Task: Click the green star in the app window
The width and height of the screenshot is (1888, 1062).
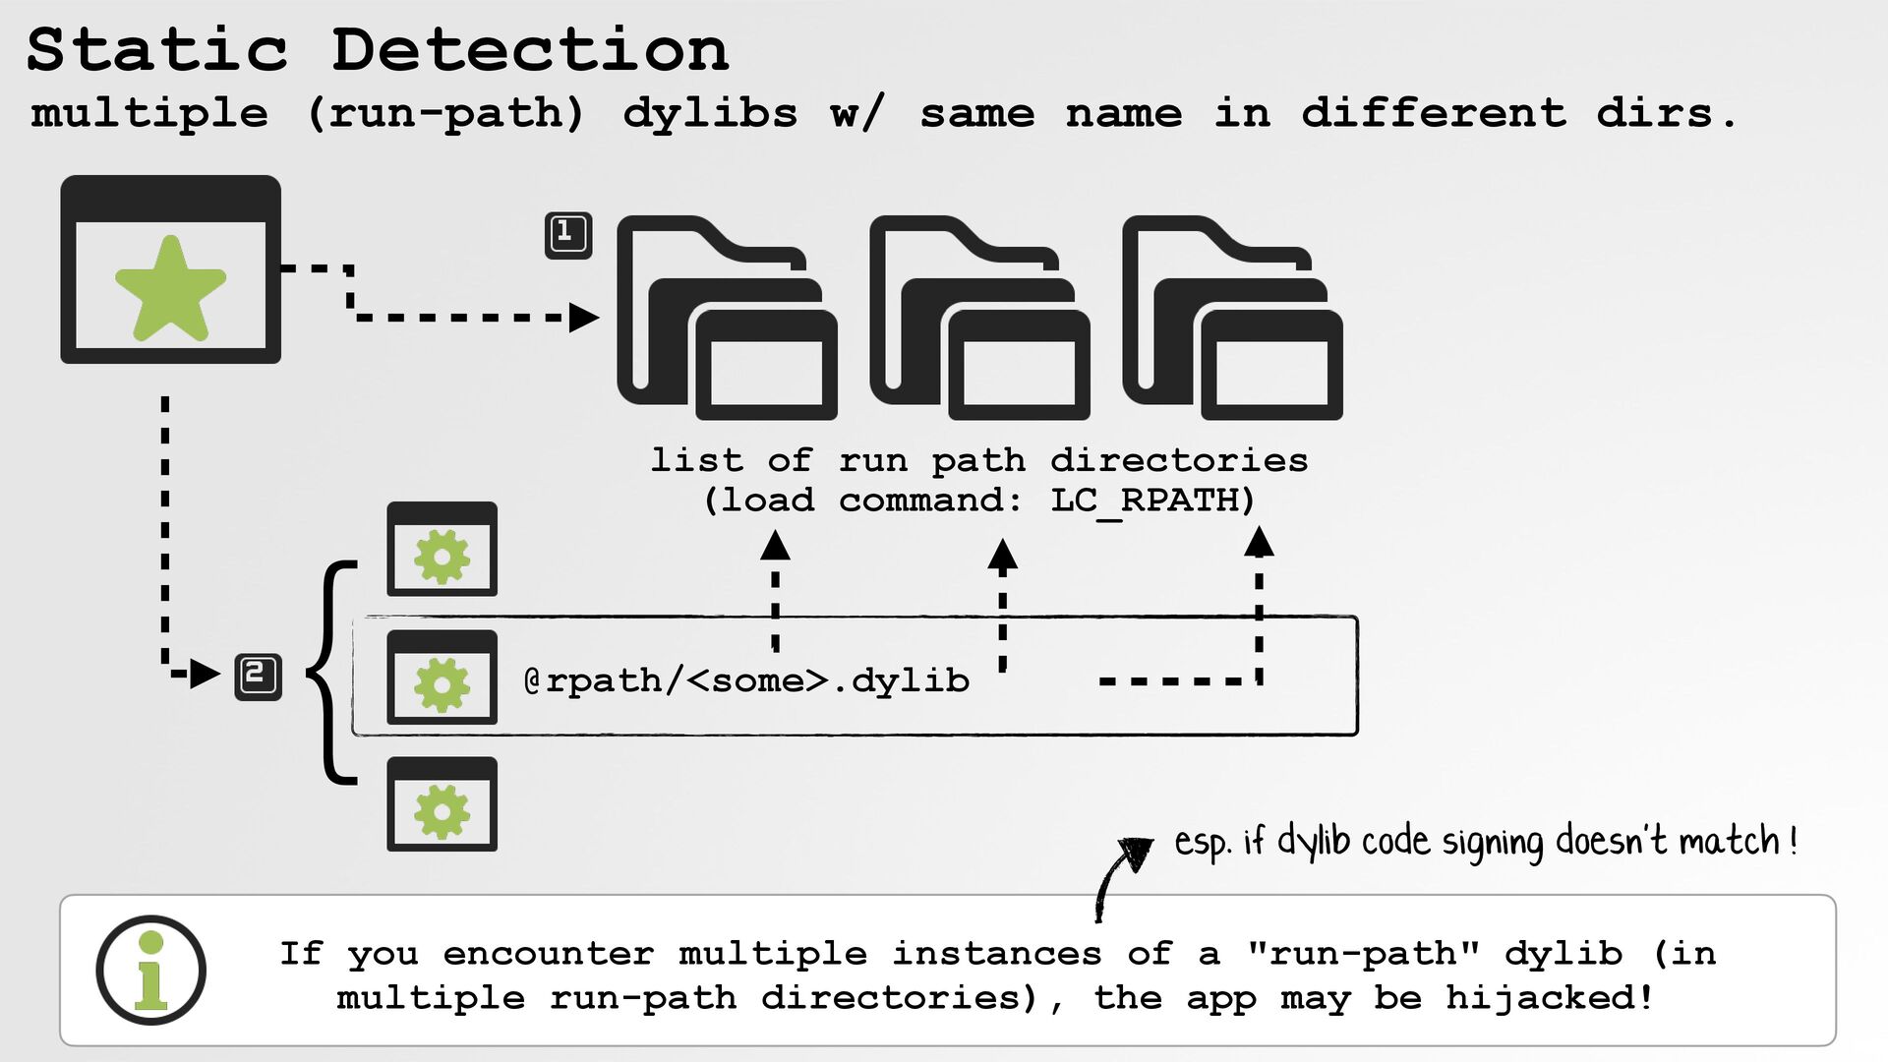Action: (x=170, y=290)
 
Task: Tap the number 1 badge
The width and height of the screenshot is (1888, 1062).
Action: (x=568, y=235)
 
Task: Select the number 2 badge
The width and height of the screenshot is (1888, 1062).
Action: (x=258, y=677)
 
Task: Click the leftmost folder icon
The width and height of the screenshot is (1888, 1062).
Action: (x=727, y=318)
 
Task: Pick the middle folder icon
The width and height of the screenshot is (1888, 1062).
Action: (x=979, y=318)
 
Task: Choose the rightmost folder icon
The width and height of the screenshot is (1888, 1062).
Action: (x=1232, y=318)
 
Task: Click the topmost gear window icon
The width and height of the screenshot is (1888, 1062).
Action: (x=442, y=550)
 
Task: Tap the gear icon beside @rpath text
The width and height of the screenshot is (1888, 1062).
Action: (x=442, y=678)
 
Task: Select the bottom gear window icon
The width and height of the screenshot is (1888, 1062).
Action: (x=442, y=804)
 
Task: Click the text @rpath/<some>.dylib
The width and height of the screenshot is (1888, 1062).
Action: (x=746, y=680)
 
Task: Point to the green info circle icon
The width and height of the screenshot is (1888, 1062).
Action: (x=150, y=971)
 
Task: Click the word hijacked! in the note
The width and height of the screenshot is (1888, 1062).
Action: (x=1550, y=998)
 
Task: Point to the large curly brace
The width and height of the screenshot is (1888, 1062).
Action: (x=331, y=674)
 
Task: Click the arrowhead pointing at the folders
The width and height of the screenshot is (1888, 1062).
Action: (x=584, y=318)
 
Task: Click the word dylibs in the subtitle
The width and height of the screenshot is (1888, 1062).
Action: (x=710, y=113)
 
